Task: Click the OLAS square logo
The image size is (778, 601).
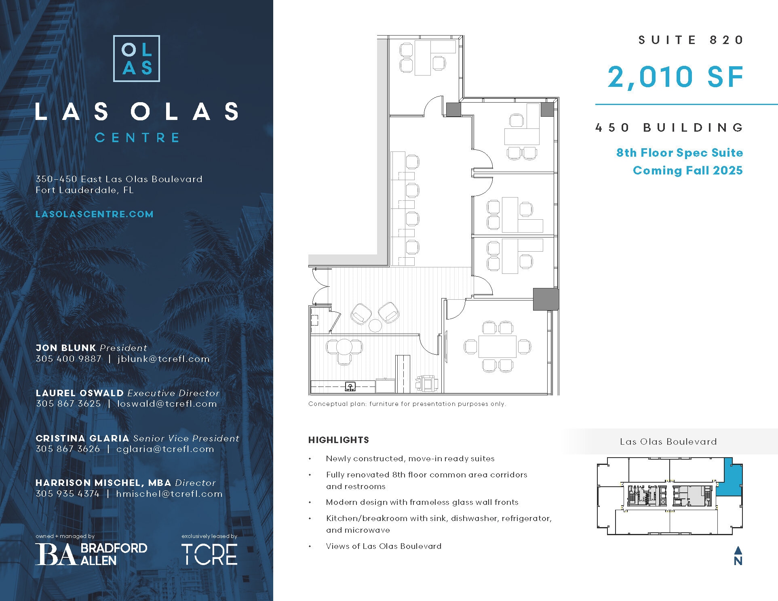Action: pyautogui.click(x=137, y=59)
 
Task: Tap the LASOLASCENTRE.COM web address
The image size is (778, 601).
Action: pyautogui.click(x=95, y=214)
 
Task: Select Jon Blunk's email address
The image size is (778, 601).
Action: pyautogui.click(x=164, y=359)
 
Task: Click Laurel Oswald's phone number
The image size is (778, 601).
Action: pyautogui.click(x=68, y=403)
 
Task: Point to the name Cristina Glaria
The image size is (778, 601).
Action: pyautogui.click(x=82, y=438)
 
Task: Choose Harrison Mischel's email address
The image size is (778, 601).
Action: pyautogui.click(x=169, y=494)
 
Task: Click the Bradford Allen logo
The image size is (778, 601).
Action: pyautogui.click(x=91, y=554)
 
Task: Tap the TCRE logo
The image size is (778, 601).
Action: pyautogui.click(x=209, y=554)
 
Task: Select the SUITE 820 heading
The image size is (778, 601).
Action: pyautogui.click(x=691, y=40)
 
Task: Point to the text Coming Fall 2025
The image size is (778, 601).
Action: pyautogui.click(x=687, y=170)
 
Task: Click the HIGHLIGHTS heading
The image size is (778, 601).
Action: pyautogui.click(x=339, y=440)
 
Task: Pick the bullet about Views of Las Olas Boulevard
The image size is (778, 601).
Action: pyautogui.click(x=384, y=546)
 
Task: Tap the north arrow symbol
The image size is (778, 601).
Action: pyautogui.click(x=738, y=556)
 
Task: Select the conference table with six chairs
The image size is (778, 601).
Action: pyautogui.click(x=497, y=347)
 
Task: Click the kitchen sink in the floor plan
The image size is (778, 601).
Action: pyautogui.click(x=350, y=387)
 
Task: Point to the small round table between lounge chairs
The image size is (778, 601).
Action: pyautogui.click(x=375, y=326)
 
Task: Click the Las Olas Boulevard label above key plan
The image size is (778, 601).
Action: pyautogui.click(x=668, y=441)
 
